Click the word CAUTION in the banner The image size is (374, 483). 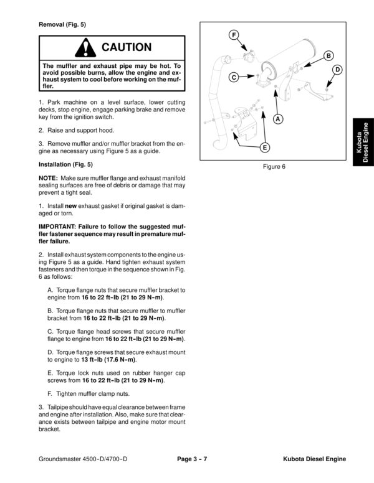(127, 47)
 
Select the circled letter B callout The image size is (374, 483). (328, 57)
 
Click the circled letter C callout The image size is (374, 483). (233, 78)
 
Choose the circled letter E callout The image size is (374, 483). (264, 148)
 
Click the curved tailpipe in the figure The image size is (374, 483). (216, 81)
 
